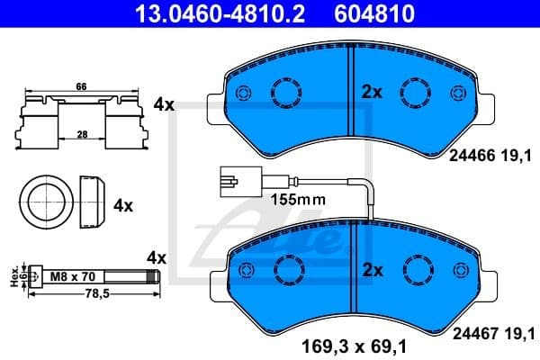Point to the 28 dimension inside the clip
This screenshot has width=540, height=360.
click(x=82, y=134)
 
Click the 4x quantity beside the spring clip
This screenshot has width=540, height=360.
click(x=163, y=104)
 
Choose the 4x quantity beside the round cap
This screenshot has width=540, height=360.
click(x=123, y=205)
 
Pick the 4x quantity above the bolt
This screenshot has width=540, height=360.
click(x=157, y=257)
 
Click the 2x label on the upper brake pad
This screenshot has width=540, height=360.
click(x=372, y=91)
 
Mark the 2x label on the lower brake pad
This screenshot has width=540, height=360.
click(x=372, y=270)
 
